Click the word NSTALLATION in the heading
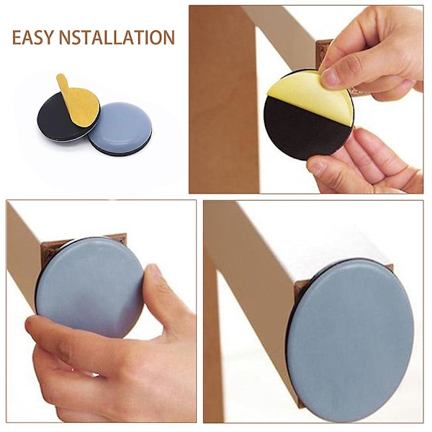coord(117,37)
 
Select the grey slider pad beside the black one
coord(120,128)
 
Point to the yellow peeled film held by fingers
coord(309,98)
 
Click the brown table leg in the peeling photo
coord(223,99)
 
